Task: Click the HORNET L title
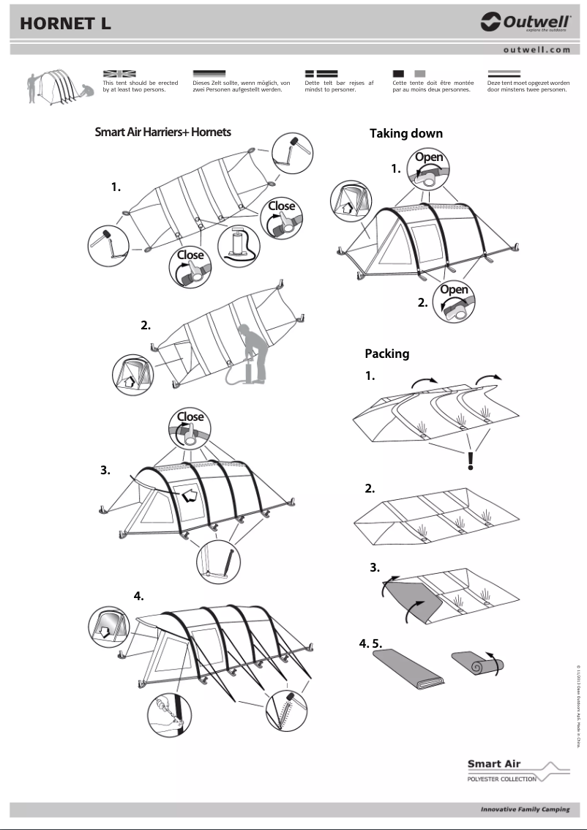click(66, 23)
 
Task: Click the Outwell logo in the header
click(525, 23)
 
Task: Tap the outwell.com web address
click(536, 50)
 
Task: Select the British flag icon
click(119, 74)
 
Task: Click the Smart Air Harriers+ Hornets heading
click(162, 132)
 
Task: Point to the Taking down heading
click(405, 133)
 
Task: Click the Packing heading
click(386, 354)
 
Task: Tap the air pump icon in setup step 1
click(239, 245)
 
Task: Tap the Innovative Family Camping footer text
click(524, 810)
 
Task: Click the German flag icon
click(209, 74)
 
